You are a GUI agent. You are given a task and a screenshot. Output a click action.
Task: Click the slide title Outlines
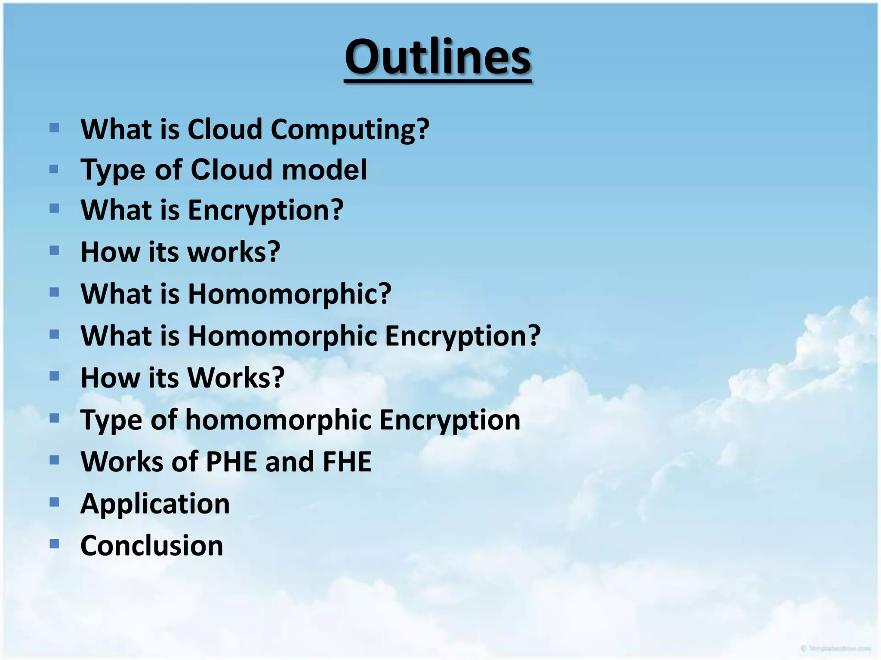(438, 57)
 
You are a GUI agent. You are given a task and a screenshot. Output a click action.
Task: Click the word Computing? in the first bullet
(350, 129)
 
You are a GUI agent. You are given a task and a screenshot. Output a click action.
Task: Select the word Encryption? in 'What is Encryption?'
(265, 211)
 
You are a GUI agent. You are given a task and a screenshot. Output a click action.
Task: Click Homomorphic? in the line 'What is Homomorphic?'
(290, 294)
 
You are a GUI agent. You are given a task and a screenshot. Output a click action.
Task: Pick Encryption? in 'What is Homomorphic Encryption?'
(462, 336)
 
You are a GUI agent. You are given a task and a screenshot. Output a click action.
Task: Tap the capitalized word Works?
(236, 378)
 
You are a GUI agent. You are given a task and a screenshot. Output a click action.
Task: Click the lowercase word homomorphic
(278, 420)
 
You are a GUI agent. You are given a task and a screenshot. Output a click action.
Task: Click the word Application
(155, 504)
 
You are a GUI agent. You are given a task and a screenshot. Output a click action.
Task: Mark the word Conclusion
(152, 546)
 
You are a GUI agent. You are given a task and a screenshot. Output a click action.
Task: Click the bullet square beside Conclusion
(54, 544)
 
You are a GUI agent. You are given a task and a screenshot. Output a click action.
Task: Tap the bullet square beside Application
(54, 502)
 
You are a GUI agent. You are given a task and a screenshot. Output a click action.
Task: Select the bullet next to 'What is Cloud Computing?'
(54, 128)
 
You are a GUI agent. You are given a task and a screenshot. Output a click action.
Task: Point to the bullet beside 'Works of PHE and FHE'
(54, 461)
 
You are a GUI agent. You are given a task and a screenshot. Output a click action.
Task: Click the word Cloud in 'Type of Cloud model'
(232, 169)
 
